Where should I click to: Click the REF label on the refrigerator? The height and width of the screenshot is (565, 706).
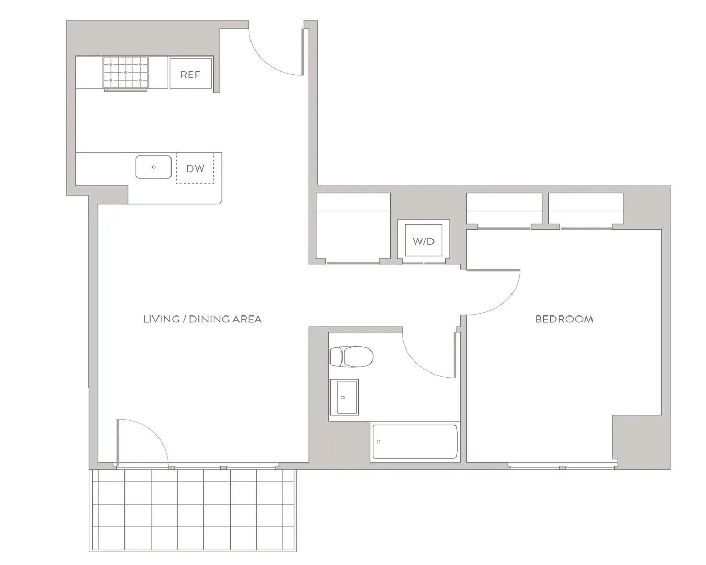(x=190, y=75)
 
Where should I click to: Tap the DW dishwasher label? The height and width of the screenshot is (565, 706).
(x=195, y=168)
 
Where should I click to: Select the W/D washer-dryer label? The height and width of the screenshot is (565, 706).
(x=424, y=241)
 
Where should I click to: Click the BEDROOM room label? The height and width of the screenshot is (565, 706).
(x=564, y=319)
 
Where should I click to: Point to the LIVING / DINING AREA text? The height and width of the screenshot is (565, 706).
(x=202, y=319)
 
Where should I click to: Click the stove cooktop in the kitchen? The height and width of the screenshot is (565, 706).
(x=126, y=73)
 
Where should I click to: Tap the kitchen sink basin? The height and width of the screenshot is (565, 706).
(x=153, y=167)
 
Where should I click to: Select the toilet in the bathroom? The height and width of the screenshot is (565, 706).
(x=351, y=356)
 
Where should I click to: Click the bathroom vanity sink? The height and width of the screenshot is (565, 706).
(x=344, y=398)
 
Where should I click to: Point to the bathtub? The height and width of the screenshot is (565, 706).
(x=415, y=442)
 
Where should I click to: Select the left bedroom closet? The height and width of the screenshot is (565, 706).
(x=504, y=209)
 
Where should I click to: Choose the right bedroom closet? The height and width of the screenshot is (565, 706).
(x=586, y=209)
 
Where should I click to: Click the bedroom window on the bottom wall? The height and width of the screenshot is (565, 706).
(x=562, y=466)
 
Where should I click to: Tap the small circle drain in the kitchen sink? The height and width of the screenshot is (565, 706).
(x=154, y=167)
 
